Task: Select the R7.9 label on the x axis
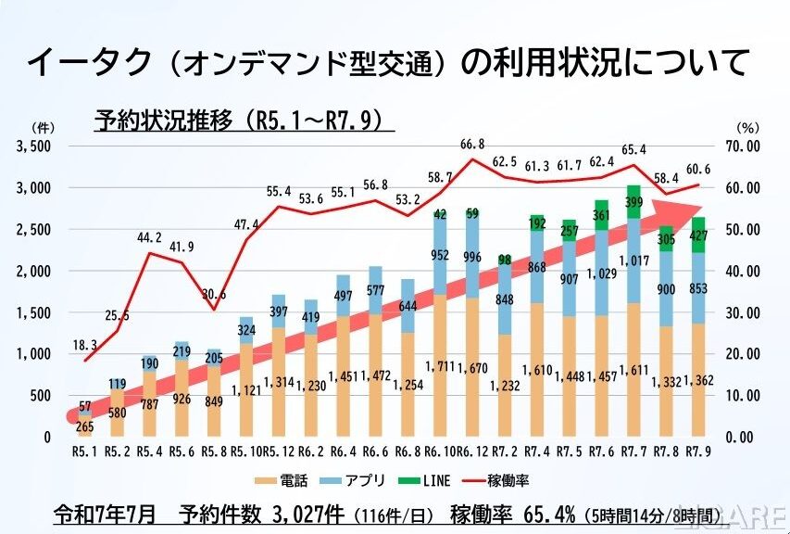pyautogui.click(x=698, y=451)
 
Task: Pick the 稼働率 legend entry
pyautogui.click(x=505, y=480)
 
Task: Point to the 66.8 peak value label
pyautogui.click(x=473, y=145)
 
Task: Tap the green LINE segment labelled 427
pyautogui.click(x=698, y=235)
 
